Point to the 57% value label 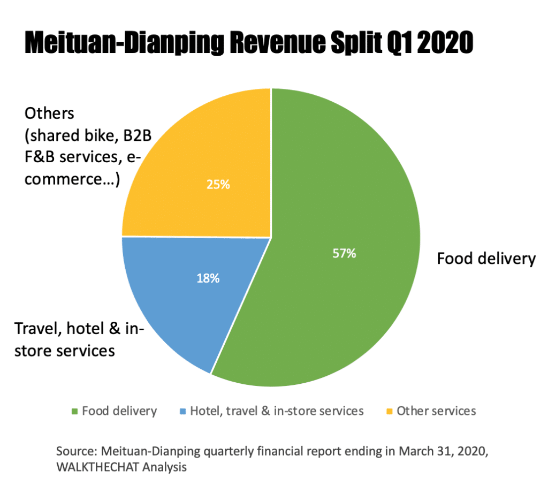[x=344, y=254]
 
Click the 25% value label [x=218, y=185]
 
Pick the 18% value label [x=207, y=278]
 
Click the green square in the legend [x=74, y=412]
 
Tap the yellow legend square [x=389, y=412]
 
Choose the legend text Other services [x=436, y=411]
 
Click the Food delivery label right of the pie [x=486, y=259]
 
